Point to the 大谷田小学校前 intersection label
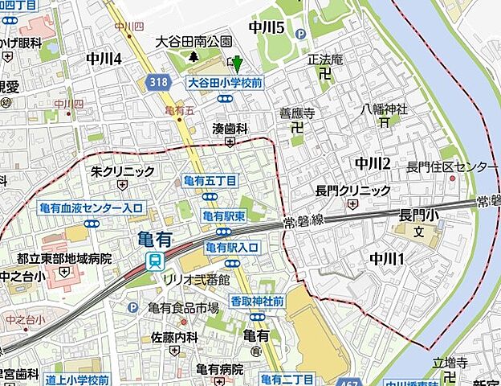226,82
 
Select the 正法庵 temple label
325,60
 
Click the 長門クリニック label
352,190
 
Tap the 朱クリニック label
122,170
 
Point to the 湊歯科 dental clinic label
230,128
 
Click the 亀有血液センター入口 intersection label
91,207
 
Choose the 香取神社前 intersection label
258,300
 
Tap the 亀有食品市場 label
183,307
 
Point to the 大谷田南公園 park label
193,41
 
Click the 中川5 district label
267,27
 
